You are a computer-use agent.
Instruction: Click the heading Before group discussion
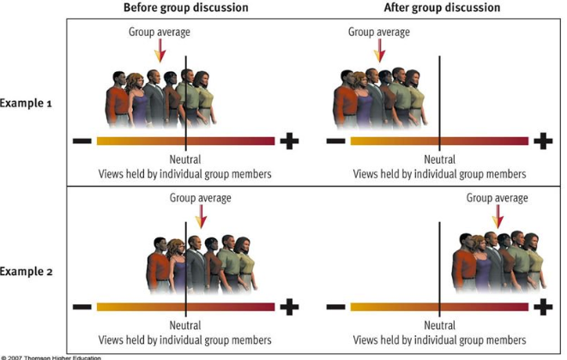pyautogui.click(x=185, y=8)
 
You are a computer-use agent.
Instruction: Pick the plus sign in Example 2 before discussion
pyautogui.click(x=290, y=306)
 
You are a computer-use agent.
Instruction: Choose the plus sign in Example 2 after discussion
pyautogui.click(x=543, y=306)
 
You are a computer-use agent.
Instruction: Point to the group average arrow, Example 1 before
pyautogui.click(x=158, y=53)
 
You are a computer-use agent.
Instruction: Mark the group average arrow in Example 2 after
pyautogui.click(x=497, y=218)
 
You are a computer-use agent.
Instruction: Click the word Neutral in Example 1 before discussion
pyautogui.click(x=186, y=160)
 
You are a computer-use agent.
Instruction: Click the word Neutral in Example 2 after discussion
pyautogui.click(x=439, y=326)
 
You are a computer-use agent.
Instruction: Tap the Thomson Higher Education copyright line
pyautogui.click(x=51, y=356)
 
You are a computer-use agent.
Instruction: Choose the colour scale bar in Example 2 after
pyautogui.click(x=439, y=306)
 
